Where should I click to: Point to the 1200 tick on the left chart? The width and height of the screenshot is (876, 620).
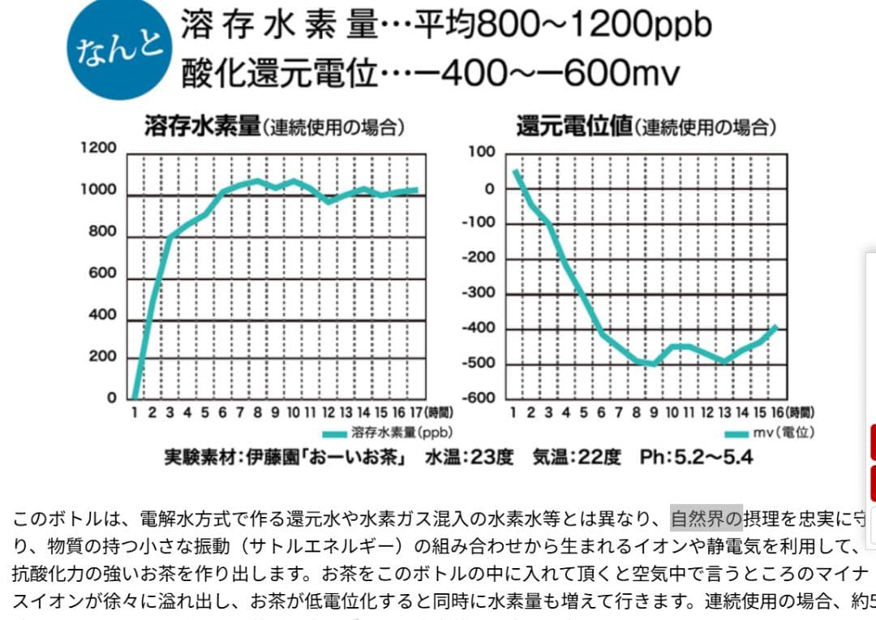point(99,149)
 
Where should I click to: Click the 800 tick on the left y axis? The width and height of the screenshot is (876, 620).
point(102,232)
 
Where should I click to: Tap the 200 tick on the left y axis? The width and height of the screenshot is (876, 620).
point(102,357)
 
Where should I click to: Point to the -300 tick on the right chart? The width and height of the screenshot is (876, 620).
point(478,293)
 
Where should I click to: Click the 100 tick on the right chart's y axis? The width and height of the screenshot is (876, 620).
point(481,152)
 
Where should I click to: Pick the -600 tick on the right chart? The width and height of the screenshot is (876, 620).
point(478,398)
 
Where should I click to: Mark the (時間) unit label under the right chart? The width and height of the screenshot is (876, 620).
point(801,413)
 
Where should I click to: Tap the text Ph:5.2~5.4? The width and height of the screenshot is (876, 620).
point(696,458)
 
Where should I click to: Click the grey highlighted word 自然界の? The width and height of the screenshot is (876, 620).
point(706,517)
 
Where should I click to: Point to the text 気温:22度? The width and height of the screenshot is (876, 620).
point(577,458)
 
